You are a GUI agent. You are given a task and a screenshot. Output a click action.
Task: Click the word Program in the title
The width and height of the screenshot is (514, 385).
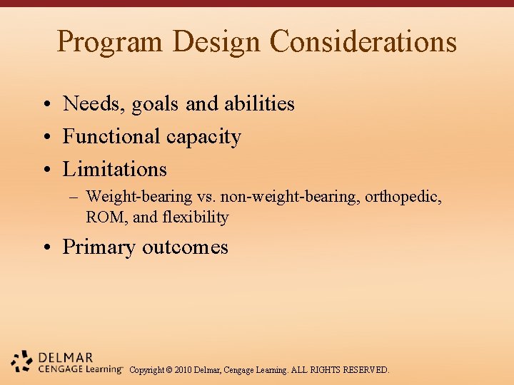point(110,42)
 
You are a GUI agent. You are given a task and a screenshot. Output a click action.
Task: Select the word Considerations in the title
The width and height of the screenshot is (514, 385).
point(363,42)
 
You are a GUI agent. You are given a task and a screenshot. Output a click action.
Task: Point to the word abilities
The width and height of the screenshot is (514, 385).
point(259,104)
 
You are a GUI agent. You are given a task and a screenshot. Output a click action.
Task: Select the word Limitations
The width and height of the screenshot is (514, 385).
point(115,169)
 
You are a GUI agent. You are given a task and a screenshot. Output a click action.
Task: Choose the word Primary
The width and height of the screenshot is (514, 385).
point(99,247)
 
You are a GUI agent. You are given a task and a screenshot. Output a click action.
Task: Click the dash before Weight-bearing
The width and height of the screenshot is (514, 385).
point(75,197)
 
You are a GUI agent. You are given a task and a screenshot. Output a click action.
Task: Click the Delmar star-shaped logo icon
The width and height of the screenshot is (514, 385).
point(22,361)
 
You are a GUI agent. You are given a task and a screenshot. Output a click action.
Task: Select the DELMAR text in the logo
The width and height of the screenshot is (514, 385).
point(66,357)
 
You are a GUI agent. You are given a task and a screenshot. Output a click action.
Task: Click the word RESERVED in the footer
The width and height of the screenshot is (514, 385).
point(366,370)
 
